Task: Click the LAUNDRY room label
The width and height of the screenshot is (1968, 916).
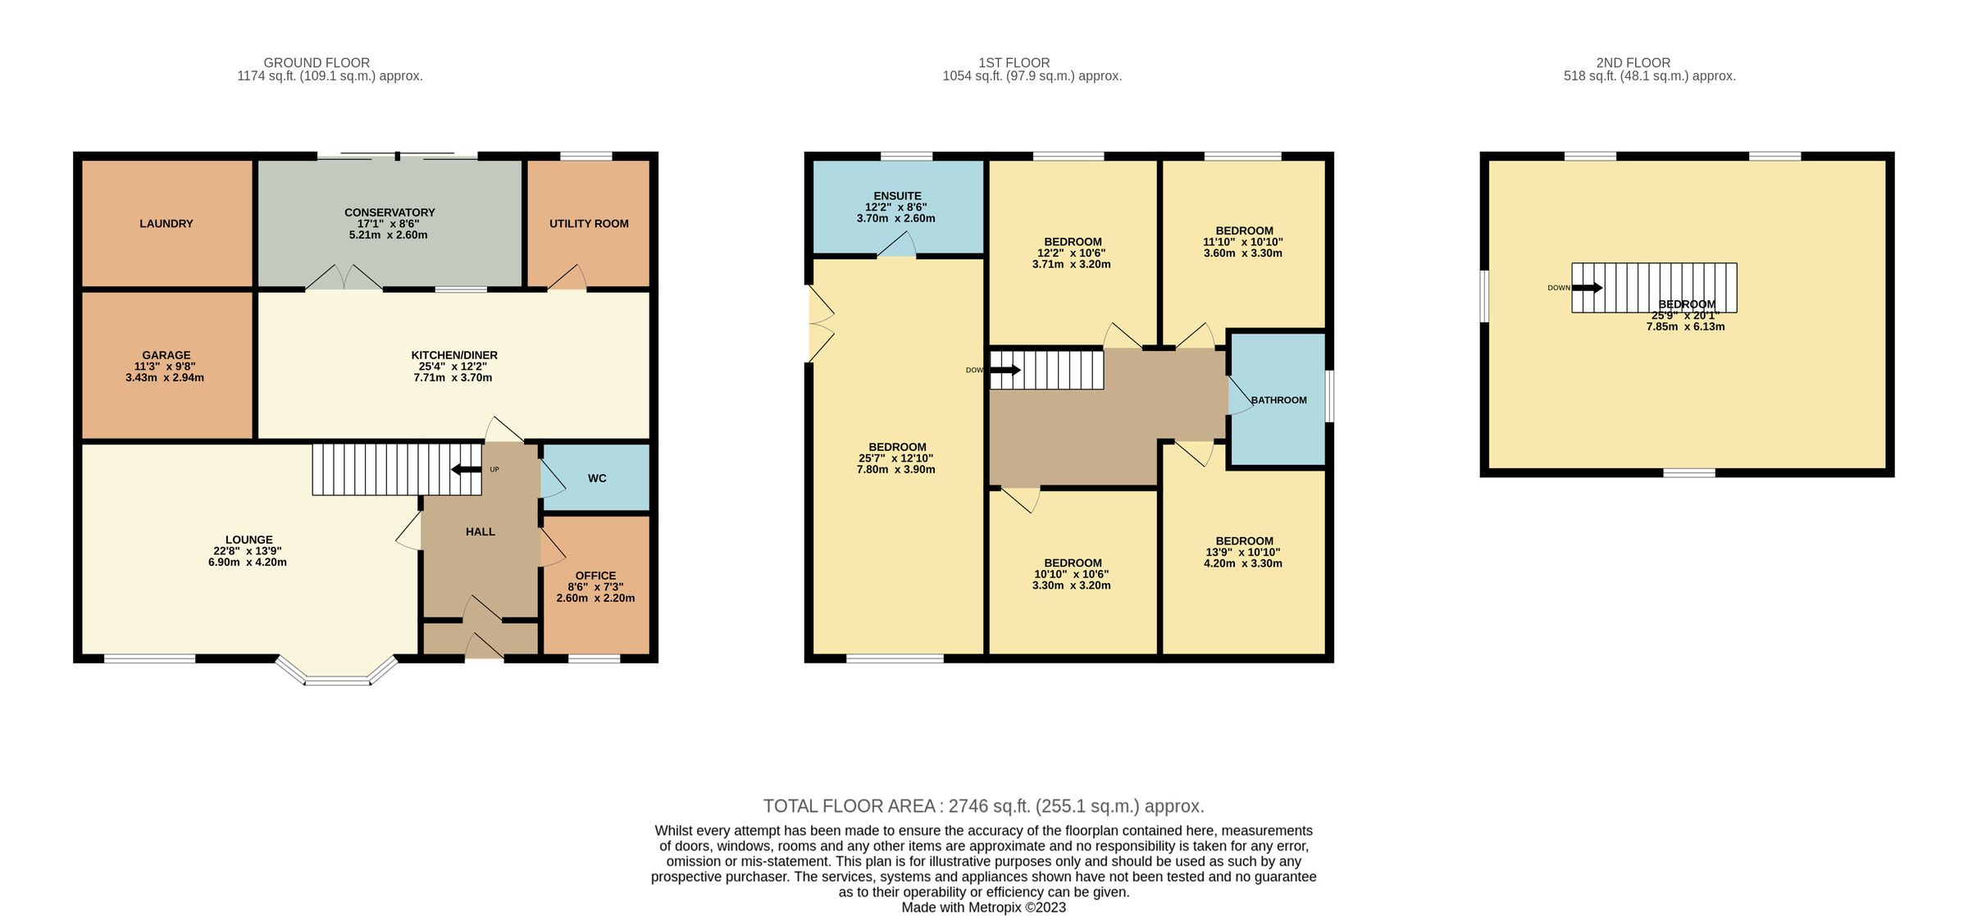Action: [x=166, y=224]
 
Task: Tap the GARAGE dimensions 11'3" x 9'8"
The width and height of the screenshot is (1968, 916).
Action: [x=165, y=367]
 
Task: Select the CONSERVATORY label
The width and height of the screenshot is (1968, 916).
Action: [x=389, y=212]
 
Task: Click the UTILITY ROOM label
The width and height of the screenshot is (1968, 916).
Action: [x=589, y=224]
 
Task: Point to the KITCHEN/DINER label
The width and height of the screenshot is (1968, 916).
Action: [x=454, y=355]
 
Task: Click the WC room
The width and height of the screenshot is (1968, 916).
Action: [x=597, y=478]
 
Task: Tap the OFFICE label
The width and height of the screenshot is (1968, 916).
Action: [x=595, y=576]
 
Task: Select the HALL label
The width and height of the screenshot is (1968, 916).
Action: [x=481, y=531]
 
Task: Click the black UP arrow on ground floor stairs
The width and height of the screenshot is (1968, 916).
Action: [x=467, y=469]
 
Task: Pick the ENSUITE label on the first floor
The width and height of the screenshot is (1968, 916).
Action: [x=897, y=196]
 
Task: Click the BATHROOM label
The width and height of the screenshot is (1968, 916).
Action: [x=1279, y=400]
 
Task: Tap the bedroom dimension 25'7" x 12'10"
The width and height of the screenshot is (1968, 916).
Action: [x=896, y=458]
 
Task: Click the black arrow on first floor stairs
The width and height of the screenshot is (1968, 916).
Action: [x=1005, y=370]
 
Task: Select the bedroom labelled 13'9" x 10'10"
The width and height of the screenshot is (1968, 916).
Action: [x=1244, y=552]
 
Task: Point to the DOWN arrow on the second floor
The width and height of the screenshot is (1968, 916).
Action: [x=1587, y=288]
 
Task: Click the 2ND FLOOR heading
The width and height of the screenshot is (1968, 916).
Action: [x=1633, y=62]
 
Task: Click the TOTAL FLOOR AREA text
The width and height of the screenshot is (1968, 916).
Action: [x=983, y=806]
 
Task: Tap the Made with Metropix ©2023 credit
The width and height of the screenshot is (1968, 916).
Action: [x=983, y=907]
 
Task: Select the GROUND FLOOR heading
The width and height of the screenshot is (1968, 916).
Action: [x=317, y=62]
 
